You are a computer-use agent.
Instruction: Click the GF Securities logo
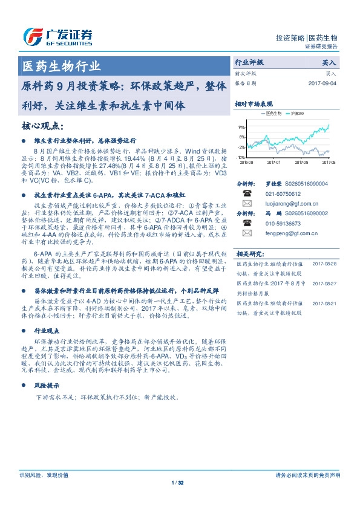58,36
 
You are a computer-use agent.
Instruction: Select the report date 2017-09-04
322,83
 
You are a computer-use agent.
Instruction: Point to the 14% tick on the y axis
241,128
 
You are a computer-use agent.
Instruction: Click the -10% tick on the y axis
241,157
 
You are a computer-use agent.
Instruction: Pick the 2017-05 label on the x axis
302,162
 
